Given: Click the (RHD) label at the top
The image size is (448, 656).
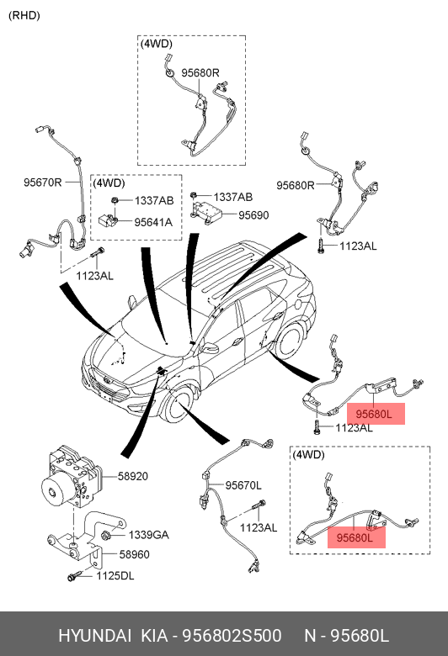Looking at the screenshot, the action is [x=24, y=15].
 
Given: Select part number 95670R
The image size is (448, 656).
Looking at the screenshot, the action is [x=42, y=183].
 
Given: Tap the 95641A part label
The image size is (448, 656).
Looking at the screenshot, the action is [x=153, y=222].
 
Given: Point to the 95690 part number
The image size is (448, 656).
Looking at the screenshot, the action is [x=253, y=215].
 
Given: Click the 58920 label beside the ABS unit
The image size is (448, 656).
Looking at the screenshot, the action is [x=133, y=476].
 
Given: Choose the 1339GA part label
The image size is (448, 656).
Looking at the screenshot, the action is [x=148, y=535].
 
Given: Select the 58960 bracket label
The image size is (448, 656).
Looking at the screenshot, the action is [x=135, y=554].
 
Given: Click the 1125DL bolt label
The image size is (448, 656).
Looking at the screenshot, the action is [x=115, y=576].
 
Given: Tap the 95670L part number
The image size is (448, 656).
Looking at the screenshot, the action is [x=243, y=485].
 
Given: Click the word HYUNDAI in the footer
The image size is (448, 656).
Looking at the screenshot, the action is [x=94, y=636].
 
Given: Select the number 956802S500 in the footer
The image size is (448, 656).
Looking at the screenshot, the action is [x=232, y=636].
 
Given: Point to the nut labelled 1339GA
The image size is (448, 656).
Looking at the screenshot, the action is [x=106, y=534].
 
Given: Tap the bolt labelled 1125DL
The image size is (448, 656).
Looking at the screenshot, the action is [x=73, y=577].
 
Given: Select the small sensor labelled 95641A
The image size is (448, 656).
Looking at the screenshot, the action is [x=107, y=220].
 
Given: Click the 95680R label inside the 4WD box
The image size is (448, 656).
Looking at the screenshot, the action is [x=200, y=73].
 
